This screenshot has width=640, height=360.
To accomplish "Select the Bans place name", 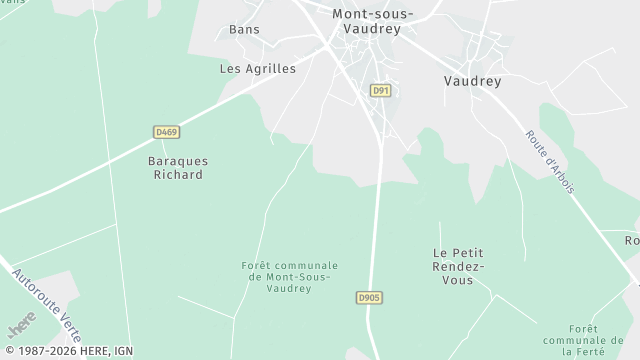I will (244, 29).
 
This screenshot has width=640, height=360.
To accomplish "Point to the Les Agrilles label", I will (258, 69).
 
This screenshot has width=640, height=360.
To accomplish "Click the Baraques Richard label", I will (175, 166).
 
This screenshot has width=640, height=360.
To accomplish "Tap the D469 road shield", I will (166, 132).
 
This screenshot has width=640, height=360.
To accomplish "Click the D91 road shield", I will (380, 90).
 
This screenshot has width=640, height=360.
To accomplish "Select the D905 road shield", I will (370, 298).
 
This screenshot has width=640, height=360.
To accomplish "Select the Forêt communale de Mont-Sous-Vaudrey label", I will (290, 276).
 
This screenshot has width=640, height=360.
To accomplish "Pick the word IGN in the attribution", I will (121, 351).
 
